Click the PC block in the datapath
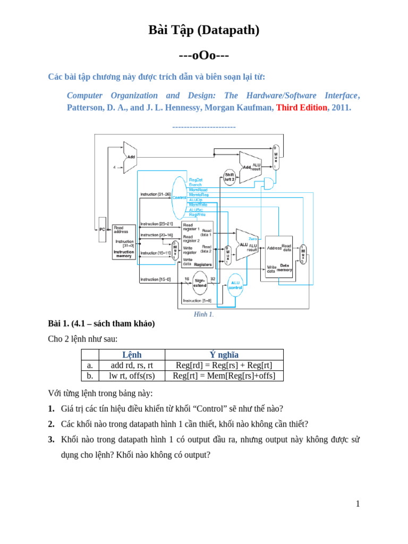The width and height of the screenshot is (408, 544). coord(102,229)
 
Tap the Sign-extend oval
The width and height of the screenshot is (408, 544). coord(200,283)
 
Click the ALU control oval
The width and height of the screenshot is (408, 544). coord(235,285)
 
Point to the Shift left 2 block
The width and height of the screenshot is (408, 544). coord(229,177)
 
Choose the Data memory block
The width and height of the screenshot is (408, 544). coord(279,257)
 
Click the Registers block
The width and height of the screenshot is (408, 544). coord(197,244)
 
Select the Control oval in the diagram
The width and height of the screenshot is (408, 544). coord(180,197)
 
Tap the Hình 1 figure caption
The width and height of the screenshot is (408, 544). coord(203,314)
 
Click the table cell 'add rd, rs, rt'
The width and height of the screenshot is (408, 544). coord(132,365)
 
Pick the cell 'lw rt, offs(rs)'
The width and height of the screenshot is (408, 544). coord(132,376)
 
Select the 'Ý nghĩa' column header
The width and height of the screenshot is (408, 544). coord(224,355)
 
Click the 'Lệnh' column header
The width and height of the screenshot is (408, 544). coord(132,355)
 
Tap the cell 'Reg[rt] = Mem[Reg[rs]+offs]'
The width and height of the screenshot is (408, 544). coord(224,376)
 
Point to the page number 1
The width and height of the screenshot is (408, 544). coord(358,504)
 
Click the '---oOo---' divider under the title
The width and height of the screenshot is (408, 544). coord(204,55)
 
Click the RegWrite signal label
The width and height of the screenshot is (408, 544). coord(197,214)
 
